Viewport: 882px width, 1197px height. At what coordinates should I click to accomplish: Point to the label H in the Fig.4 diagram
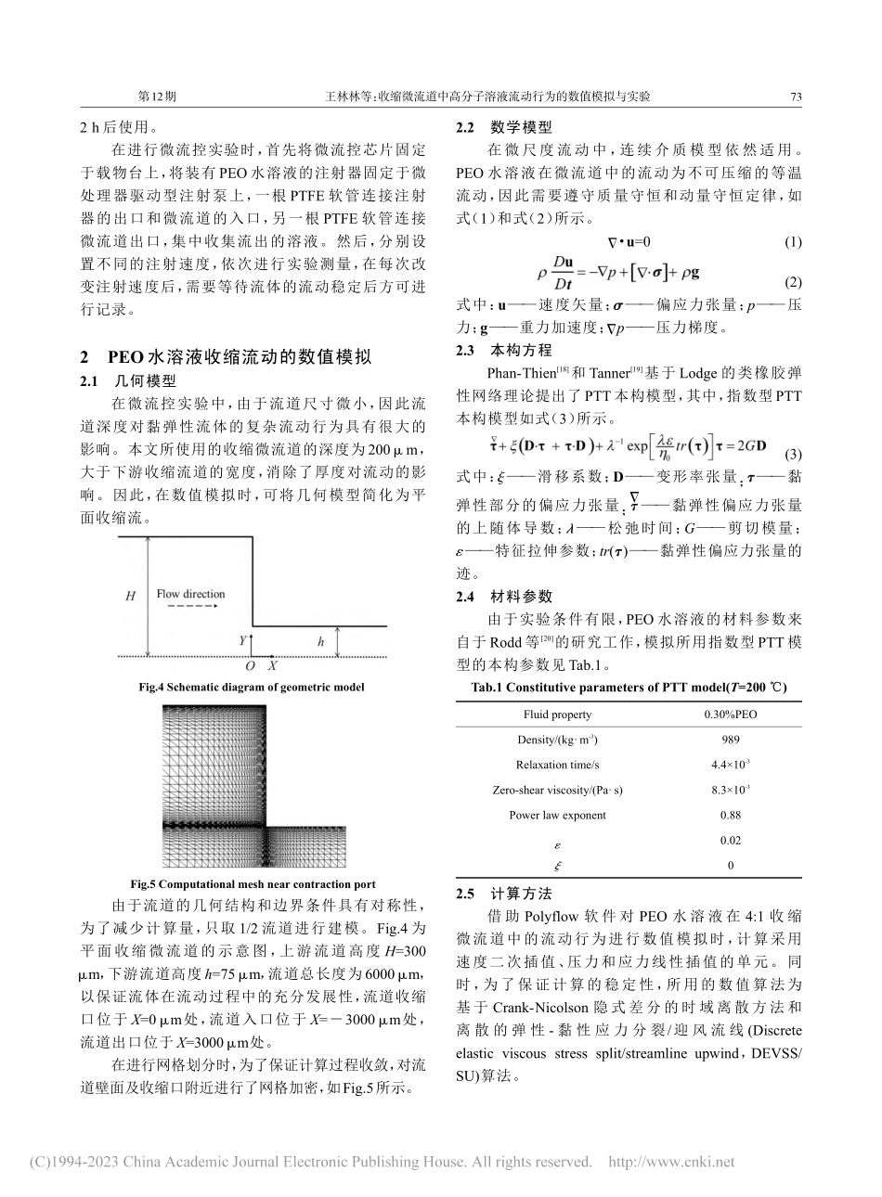pos(131,596)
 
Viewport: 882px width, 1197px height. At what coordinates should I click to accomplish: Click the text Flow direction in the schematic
pos(190,594)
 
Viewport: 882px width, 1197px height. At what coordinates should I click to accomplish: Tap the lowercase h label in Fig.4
pos(321,641)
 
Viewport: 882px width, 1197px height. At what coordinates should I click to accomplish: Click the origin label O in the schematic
pos(249,666)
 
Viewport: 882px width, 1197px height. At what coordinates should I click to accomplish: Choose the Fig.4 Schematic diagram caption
pos(251,687)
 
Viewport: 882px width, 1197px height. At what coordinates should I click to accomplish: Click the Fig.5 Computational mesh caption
pos(253,884)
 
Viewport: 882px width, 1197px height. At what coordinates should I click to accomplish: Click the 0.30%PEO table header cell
pos(730,714)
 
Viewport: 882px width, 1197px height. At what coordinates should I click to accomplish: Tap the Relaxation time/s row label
pos(557,765)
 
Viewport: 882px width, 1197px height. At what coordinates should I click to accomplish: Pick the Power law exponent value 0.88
pos(730,815)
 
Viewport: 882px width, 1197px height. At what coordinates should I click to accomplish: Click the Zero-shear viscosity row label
pos(557,790)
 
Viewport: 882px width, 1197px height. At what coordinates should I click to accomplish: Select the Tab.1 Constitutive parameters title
pos(629,688)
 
